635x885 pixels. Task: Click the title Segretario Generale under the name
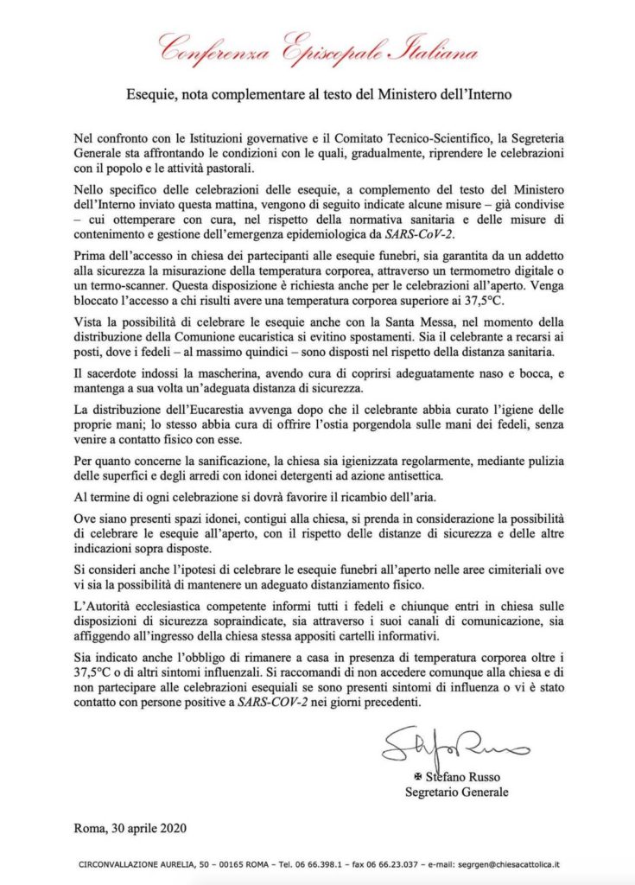pyautogui.click(x=457, y=791)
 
